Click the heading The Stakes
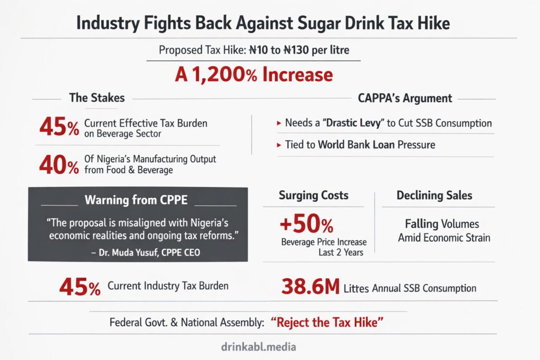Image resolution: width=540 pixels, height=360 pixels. click(x=97, y=98)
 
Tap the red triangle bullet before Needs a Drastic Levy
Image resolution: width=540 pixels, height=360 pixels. click(x=278, y=123)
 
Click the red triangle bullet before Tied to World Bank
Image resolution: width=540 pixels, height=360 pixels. click(x=278, y=145)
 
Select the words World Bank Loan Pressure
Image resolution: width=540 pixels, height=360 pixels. click(x=377, y=145)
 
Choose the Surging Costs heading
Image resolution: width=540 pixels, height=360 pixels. click(x=313, y=196)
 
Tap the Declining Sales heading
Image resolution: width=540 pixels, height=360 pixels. click(x=434, y=196)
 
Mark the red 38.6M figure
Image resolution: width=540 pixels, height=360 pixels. click(x=310, y=287)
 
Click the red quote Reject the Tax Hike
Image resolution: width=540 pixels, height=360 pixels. click(x=326, y=322)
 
